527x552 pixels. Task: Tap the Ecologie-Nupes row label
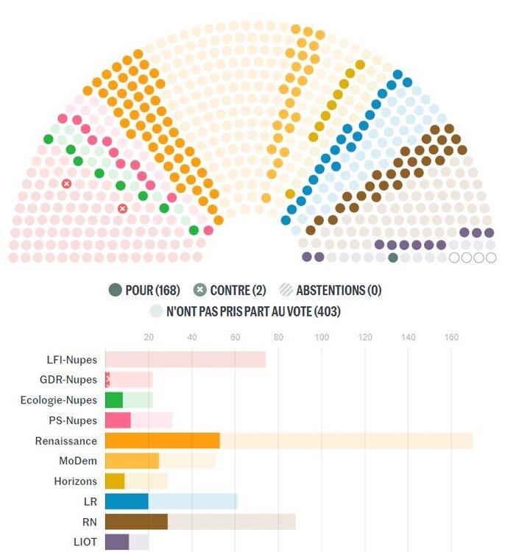(x=59, y=400)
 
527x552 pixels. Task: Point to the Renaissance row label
(x=66, y=441)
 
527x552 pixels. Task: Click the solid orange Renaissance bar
(x=163, y=441)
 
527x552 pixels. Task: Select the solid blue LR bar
(x=127, y=502)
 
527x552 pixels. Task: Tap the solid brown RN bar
(x=136, y=522)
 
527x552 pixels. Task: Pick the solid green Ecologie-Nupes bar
(x=114, y=400)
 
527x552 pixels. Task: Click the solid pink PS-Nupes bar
(x=118, y=420)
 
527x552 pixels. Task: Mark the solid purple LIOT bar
(x=117, y=542)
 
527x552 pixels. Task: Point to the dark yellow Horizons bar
(x=115, y=481)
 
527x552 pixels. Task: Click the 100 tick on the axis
(x=322, y=338)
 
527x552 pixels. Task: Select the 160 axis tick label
(x=451, y=338)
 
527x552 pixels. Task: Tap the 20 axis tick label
(x=149, y=338)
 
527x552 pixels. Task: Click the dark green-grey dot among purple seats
(x=393, y=258)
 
